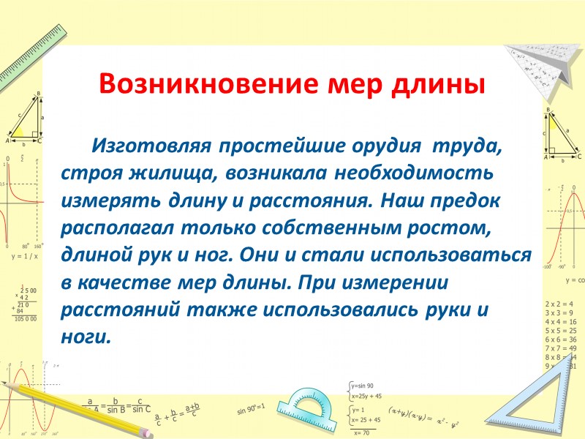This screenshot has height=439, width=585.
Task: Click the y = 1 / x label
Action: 23,257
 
